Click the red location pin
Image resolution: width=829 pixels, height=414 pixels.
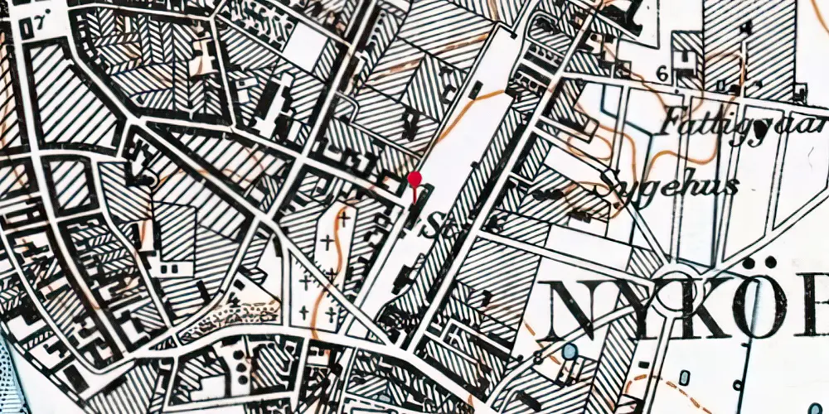point(415,181)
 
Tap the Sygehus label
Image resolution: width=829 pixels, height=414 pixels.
point(672,184)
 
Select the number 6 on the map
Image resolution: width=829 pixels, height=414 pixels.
point(662,73)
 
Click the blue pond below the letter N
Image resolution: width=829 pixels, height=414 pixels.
point(569,353)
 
